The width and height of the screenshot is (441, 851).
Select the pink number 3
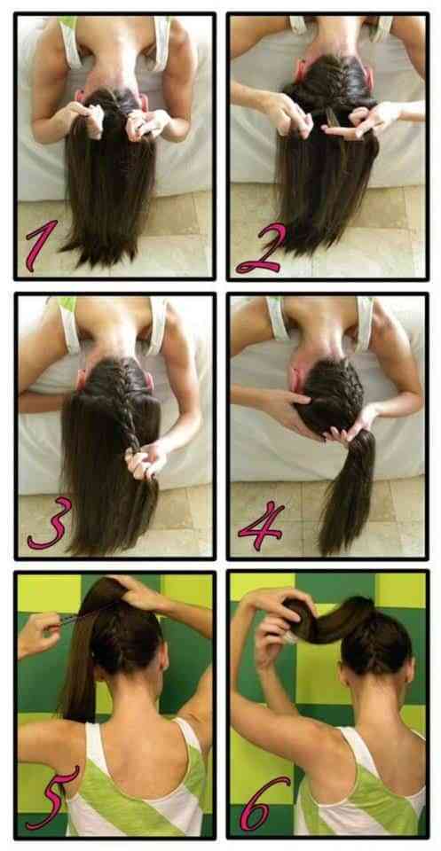pyautogui.click(x=50, y=524)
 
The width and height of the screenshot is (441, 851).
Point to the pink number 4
pyautogui.click(x=260, y=526)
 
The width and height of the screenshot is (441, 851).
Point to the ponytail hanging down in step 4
pyautogui.click(x=348, y=488)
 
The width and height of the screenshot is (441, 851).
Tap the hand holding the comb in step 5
pyautogui.click(x=37, y=635)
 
